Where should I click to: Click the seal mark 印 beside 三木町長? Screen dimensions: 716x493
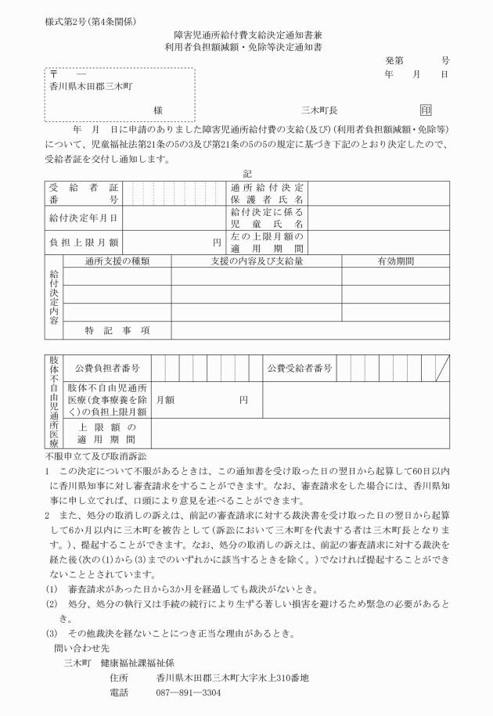[426, 111]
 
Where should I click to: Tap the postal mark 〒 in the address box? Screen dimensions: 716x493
[52, 74]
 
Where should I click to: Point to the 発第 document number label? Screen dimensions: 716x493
[394, 59]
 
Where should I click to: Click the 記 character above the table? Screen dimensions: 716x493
[247, 174]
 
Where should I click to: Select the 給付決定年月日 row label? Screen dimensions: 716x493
[83, 218]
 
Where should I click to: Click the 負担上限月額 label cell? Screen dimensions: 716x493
[83, 242]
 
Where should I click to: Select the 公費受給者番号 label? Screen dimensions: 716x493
[301, 368]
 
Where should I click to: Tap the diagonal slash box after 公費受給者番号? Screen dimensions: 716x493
[442, 368]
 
